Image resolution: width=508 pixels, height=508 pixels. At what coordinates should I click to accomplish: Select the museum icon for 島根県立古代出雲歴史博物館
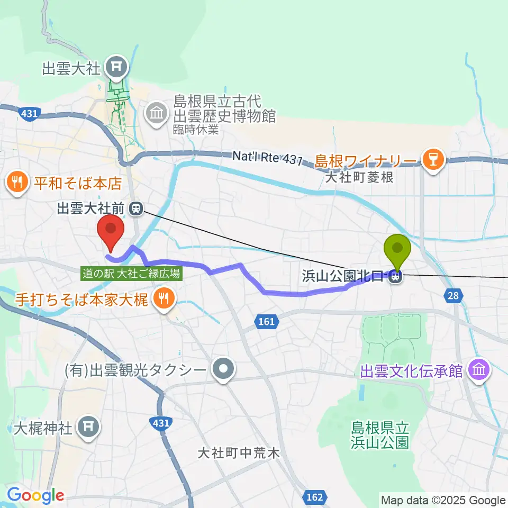tap(157, 113)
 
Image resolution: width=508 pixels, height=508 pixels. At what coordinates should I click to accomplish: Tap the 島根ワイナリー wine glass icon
tap(433, 158)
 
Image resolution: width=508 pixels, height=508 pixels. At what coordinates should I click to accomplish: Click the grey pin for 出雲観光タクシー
tap(223, 370)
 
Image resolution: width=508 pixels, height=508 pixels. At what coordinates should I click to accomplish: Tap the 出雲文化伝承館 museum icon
tap(479, 370)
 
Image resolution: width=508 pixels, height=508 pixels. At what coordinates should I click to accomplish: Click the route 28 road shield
tap(453, 296)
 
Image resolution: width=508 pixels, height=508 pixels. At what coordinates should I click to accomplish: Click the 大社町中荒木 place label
tap(238, 453)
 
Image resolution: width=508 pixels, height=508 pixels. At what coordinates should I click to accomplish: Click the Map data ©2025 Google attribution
tap(443, 500)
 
